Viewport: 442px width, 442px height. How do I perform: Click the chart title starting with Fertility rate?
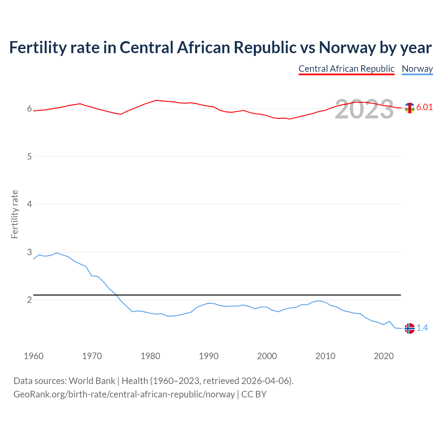[x=220, y=48]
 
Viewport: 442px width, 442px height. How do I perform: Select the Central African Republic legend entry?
[x=346, y=69]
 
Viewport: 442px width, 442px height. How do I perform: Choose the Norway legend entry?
[x=417, y=69]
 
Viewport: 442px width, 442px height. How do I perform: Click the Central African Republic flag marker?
[x=410, y=108]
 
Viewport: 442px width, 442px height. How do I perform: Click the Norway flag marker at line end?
[x=410, y=328]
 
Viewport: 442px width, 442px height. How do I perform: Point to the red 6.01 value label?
[x=424, y=107]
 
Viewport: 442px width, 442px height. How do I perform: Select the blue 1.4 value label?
[x=422, y=328]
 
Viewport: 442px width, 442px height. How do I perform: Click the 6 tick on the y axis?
[x=29, y=109]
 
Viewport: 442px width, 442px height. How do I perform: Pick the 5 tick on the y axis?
[x=29, y=156]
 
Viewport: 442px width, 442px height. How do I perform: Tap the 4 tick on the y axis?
[x=29, y=204]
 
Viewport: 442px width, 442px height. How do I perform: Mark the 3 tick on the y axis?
[x=29, y=252]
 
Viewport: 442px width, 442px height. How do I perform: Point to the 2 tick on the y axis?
[x=29, y=300]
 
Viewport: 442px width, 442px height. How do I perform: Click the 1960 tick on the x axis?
[x=33, y=356]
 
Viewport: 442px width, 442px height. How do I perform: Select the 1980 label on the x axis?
[x=150, y=356]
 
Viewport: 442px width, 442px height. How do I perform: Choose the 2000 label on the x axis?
[x=267, y=356]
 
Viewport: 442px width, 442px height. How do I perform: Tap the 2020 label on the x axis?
[x=384, y=356]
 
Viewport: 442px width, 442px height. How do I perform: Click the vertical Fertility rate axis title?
[x=15, y=214]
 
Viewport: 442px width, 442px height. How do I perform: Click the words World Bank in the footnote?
[x=92, y=381]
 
